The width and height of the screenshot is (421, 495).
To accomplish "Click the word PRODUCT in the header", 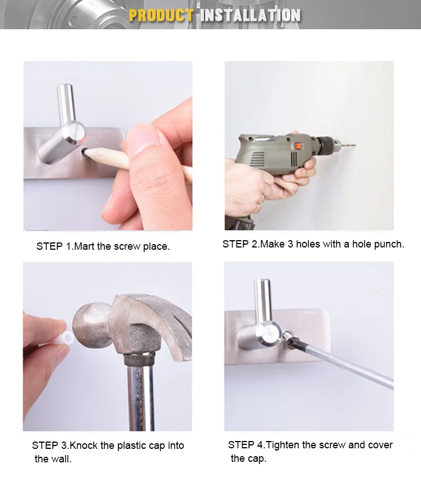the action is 161,15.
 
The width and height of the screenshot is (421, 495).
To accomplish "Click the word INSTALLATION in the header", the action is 250,15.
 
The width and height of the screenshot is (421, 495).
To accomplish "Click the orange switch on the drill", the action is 298,146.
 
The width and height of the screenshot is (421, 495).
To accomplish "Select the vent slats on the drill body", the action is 257,159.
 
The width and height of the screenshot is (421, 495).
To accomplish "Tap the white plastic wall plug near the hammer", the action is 68,339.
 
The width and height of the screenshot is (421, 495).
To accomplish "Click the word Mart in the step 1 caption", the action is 84,246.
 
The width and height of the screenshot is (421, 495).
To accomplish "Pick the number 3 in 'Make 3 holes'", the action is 290,244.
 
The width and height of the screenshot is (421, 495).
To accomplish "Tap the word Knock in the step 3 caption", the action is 83,445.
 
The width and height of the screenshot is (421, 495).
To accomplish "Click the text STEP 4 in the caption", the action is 246,445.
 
